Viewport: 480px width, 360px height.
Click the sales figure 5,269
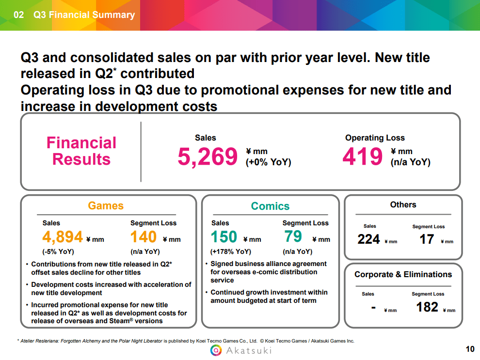click(208, 157)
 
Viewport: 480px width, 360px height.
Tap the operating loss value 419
click(363, 157)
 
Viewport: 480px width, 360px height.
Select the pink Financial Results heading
click(81, 151)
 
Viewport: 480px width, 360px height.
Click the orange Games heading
click(106, 205)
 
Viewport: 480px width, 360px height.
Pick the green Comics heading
click(270, 206)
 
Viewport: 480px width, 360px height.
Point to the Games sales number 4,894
click(63, 237)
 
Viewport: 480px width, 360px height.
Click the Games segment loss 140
click(144, 237)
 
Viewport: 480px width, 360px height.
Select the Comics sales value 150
click(224, 237)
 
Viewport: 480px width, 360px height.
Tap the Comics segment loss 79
click(293, 237)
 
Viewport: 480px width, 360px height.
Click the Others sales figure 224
click(368, 239)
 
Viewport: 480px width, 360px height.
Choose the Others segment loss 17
click(427, 239)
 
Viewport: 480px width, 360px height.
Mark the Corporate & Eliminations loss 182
click(427, 307)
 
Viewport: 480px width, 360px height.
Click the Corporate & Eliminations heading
click(403, 274)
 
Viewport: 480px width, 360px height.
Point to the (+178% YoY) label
click(230, 251)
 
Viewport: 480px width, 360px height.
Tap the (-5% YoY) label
click(58, 251)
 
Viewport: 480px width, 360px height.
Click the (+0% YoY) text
click(269, 162)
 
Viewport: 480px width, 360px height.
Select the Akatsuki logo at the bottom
click(240, 350)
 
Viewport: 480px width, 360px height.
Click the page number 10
click(469, 349)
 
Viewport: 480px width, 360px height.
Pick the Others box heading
click(403, 204)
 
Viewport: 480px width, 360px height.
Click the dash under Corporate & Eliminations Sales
click(373, 307)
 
